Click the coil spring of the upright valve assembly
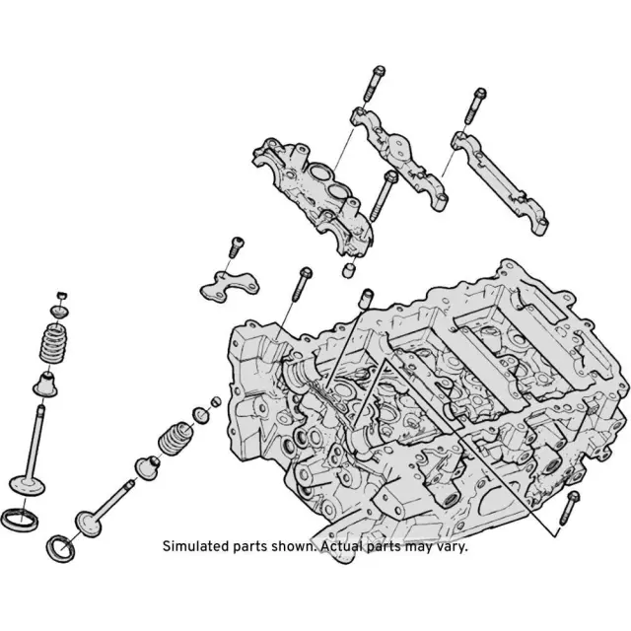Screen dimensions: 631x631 tap(54, 343)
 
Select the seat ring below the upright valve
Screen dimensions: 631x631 tap(20, 520)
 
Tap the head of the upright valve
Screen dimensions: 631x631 tap(27, 484)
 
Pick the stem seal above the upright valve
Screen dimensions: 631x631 tap(45, 385)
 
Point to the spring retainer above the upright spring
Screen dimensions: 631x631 tap(59, 312)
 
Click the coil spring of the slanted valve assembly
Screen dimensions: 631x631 tap(175, 438)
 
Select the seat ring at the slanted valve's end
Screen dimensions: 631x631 tap(61, 548)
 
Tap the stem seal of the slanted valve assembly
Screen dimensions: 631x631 tap(147, 467)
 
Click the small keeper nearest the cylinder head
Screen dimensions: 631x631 tap(217, 401)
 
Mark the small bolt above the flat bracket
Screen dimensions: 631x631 tap(237, 247)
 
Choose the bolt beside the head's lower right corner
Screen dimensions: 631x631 tap(570, 508)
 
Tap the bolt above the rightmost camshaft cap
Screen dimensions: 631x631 tap(475, 105)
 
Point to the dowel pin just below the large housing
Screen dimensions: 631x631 tap(349, 270)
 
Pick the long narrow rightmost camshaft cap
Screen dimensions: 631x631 tap(500, 183)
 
